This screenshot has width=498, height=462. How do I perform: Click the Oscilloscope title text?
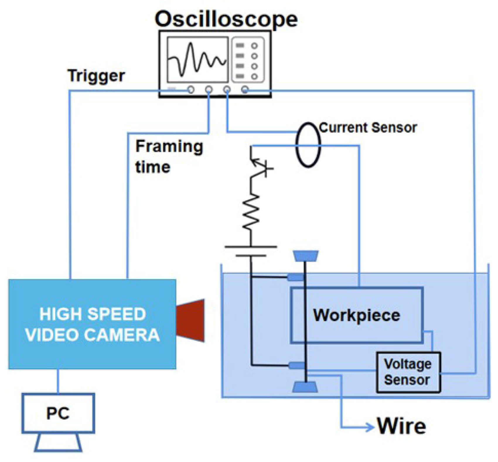point(226,19)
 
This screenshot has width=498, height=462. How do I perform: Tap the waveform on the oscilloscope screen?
point(197,60)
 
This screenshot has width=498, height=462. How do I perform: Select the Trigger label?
point(96,76)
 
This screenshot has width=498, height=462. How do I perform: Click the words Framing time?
point(169,157)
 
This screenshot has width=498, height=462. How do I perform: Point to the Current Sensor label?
point(368,128)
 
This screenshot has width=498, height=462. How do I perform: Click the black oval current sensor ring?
point(308,145)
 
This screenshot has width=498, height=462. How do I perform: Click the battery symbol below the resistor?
point(251,251)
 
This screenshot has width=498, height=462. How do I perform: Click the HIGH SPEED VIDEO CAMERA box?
point(92,324)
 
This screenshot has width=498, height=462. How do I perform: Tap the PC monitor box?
point(58,413)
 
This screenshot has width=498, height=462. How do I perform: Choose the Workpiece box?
point(357,315)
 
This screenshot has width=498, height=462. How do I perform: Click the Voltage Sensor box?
point(408,372)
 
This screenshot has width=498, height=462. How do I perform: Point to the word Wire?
point(401,426)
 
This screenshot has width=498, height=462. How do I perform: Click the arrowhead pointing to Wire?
point(370,427)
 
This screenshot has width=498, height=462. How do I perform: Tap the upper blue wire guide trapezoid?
point(306,256)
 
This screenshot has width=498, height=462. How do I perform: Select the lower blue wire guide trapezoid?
point(305,387)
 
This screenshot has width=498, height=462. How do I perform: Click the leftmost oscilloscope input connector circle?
point(191,90)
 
